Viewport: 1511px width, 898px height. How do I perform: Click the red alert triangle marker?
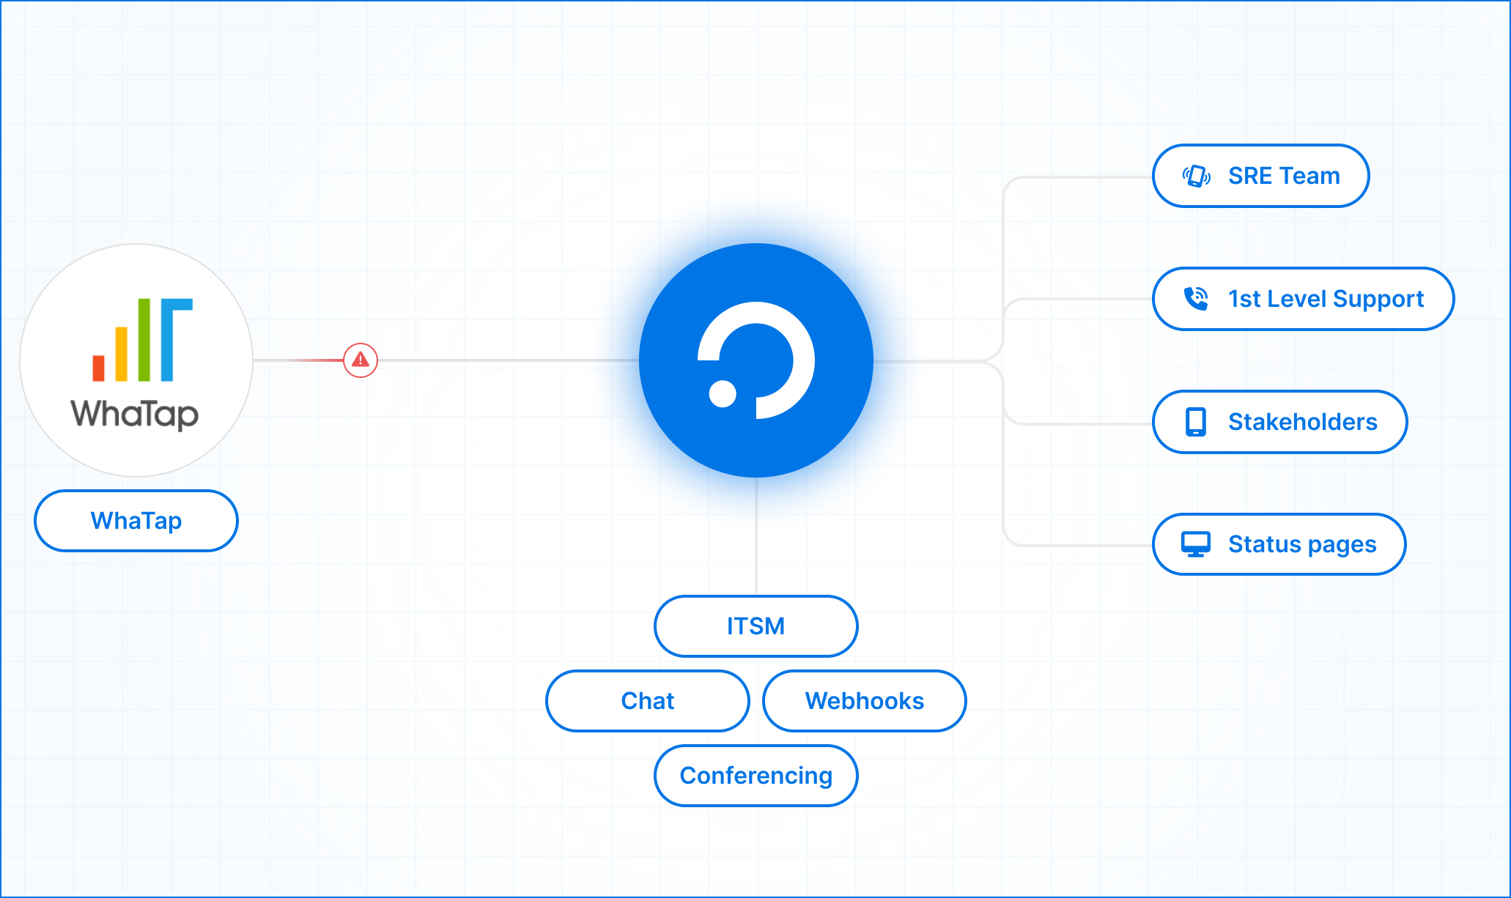click(361, 360)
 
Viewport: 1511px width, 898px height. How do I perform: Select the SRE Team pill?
click(1260, 176)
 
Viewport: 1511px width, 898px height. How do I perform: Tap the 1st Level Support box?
click(1303, 299)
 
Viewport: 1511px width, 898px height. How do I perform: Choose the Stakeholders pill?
click(1279, 422)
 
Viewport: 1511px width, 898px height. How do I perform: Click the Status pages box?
click(1279, 544)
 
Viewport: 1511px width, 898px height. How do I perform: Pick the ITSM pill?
click(755, 626)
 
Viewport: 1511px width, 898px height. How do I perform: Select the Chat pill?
click(648, 701)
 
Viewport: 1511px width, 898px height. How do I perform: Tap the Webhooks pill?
click(864, 701)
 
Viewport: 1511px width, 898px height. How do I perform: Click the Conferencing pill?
click(755, 776)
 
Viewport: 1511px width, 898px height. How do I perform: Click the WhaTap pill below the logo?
click(136, 521)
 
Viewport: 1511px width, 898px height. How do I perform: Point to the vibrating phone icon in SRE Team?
click(1196, 176)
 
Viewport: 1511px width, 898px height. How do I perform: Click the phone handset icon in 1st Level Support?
click(1196, 298)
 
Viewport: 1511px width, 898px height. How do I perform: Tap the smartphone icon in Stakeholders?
click(1196, 422)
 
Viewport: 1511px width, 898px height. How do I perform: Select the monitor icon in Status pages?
click(1196, 544)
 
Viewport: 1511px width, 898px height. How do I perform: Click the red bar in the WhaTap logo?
click(98, 368)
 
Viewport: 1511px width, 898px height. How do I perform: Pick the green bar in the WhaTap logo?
click(144, 340)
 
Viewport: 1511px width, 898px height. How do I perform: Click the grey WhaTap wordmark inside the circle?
click(135, 414)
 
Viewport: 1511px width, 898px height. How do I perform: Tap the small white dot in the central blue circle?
click(723, 393)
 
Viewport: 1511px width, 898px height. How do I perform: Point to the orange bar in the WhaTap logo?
click(121, 355)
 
